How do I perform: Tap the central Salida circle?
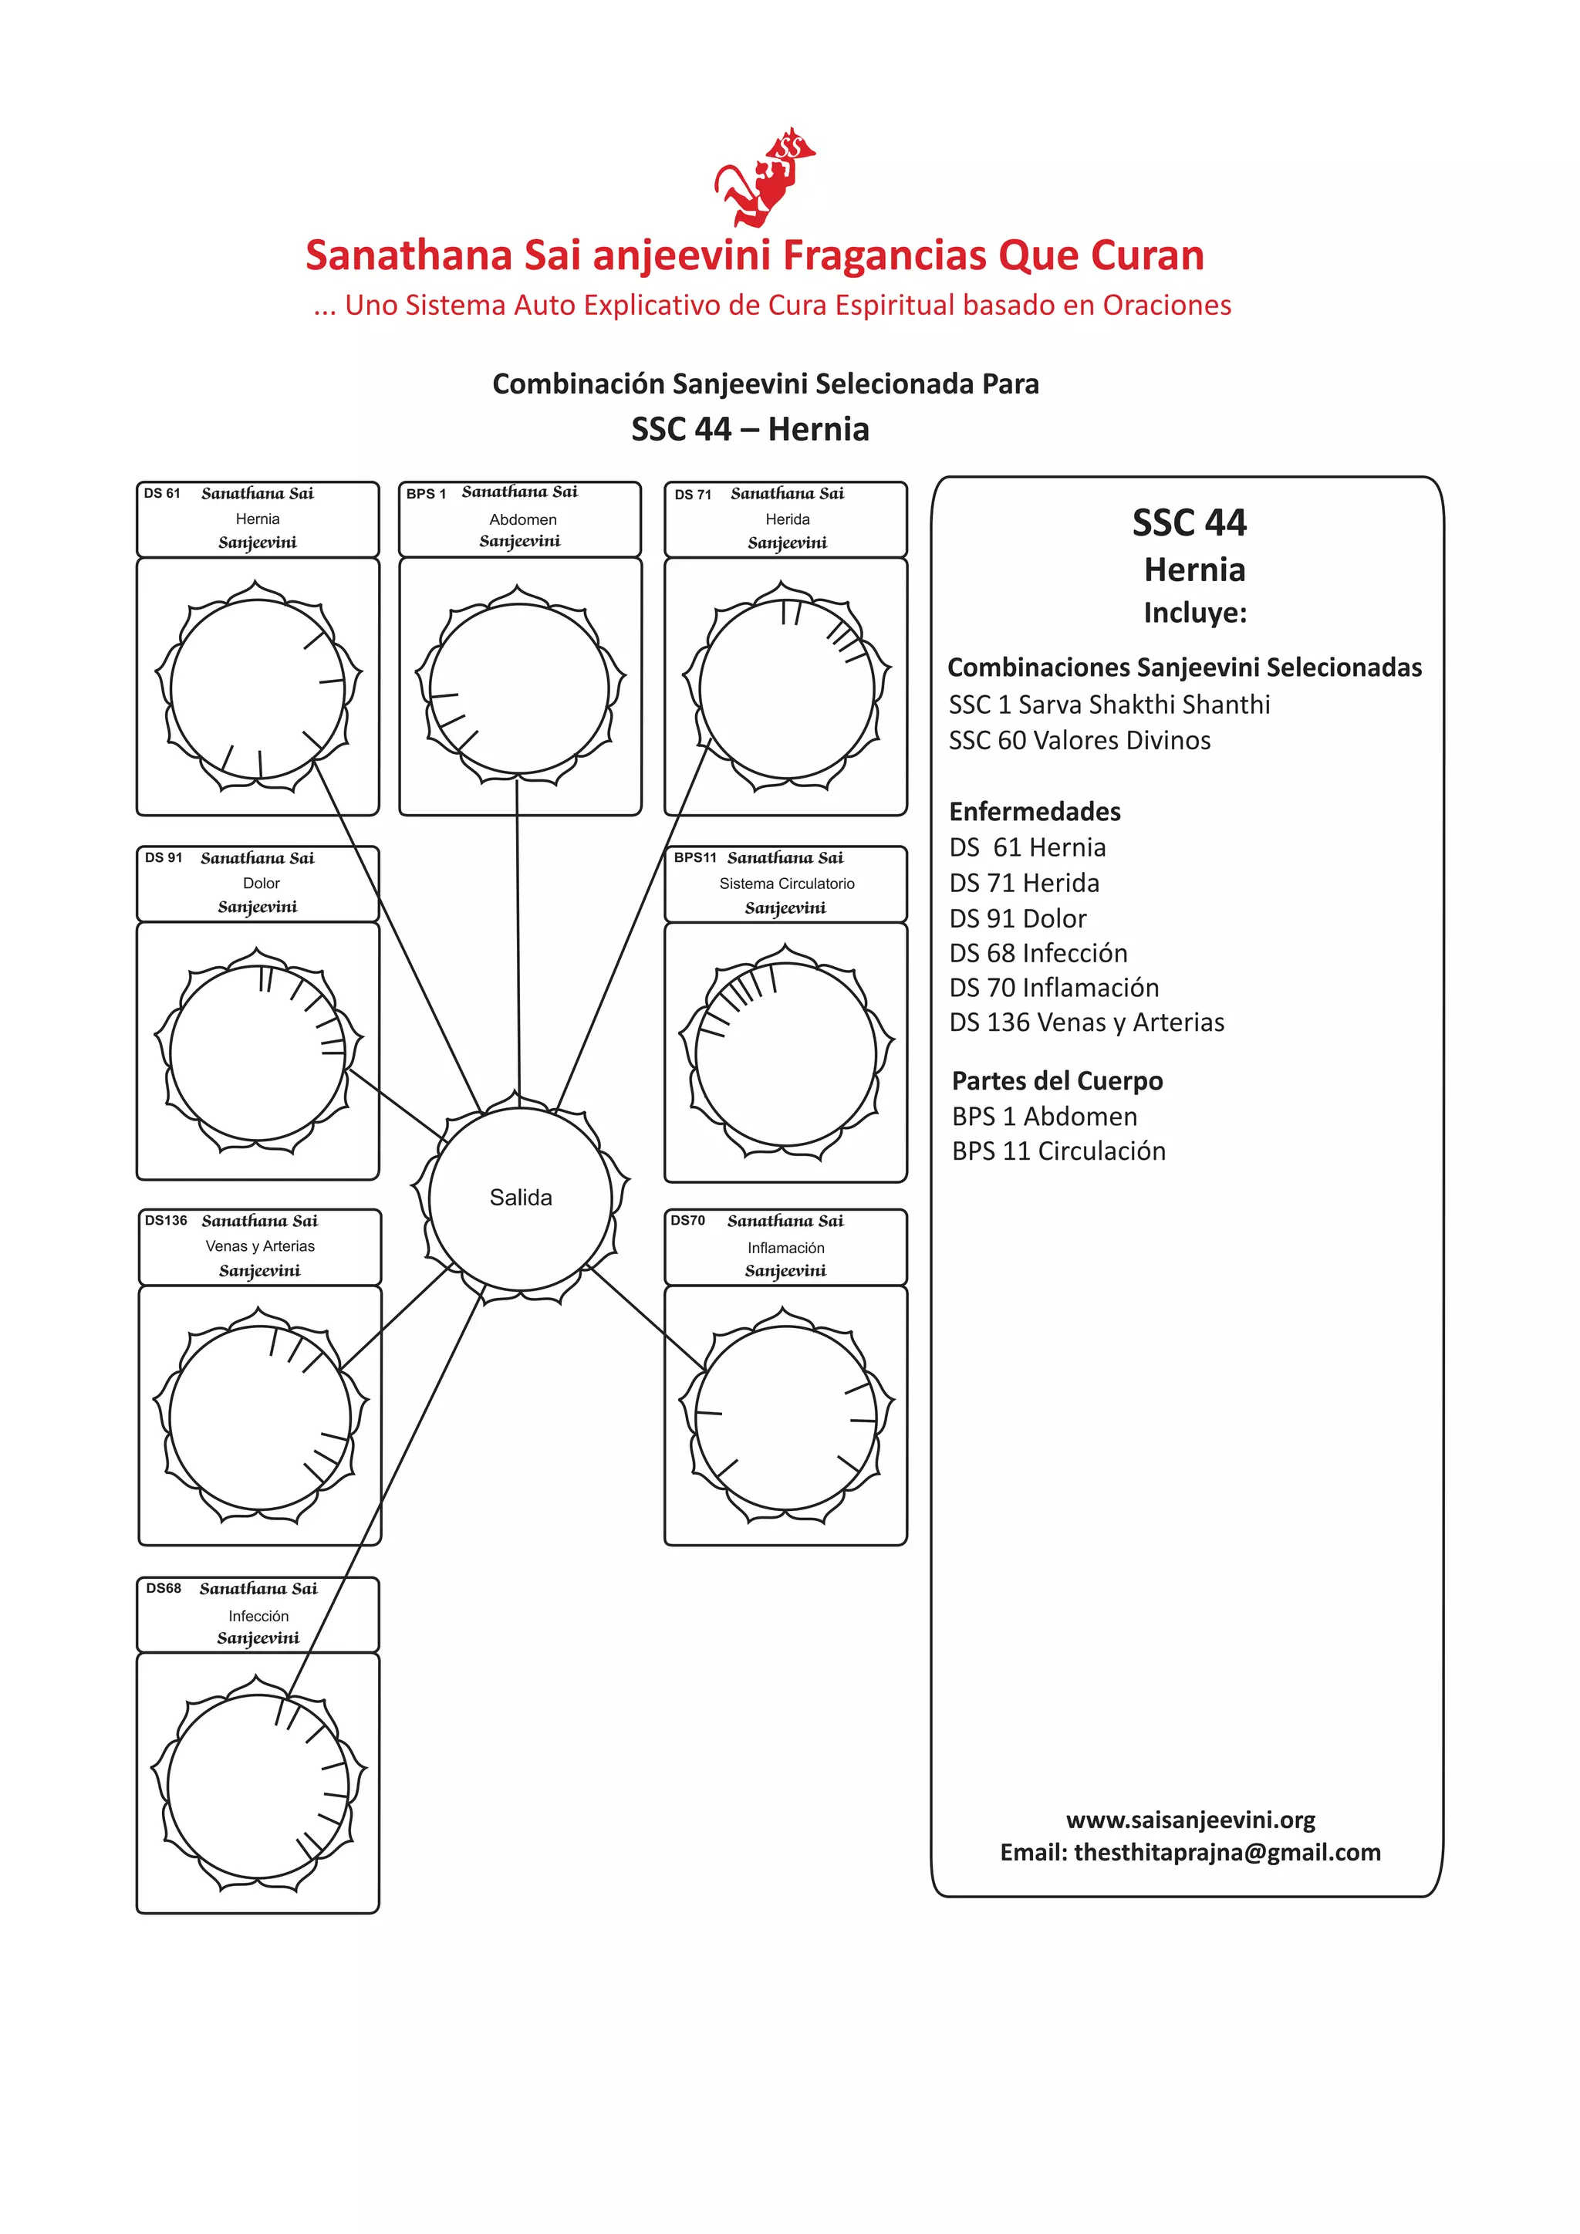click(521, 1198)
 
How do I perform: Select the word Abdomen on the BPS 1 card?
click(522, 519)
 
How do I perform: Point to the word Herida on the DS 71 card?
click(787, 519)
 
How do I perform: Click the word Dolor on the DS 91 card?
click(261, 884)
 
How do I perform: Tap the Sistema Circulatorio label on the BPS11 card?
click(786, 884)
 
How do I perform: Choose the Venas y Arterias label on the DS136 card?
click(260, 1246)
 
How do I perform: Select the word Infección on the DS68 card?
click(258, 1616)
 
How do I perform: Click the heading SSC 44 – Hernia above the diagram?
click(750, 429)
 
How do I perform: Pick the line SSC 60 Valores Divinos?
click(1079, 741)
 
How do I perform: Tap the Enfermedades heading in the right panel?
click(1035, 812)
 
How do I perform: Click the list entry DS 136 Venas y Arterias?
click(1085, 1022)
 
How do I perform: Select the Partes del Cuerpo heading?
click(1057, 1081)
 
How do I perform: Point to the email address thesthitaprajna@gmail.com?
click(1226, 1853)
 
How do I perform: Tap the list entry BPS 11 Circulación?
click(1058, 1151)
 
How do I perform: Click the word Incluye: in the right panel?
click(1193, 613)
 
